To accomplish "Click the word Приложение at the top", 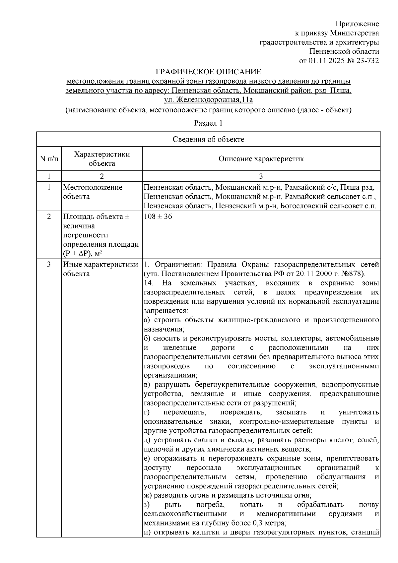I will [357, 24].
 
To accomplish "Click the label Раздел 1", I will [208, 123].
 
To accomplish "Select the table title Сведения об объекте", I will [208, 139].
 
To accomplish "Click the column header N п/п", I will [49, 159].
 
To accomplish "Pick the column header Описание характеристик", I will [261, 159].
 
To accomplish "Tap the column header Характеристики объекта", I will [102, 159].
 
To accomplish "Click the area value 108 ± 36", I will [158, 217].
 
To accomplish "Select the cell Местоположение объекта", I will [93, 192].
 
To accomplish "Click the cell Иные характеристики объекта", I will [100, 269].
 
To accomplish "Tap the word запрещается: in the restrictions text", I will [166, 311].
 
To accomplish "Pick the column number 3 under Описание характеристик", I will [261, 176].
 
